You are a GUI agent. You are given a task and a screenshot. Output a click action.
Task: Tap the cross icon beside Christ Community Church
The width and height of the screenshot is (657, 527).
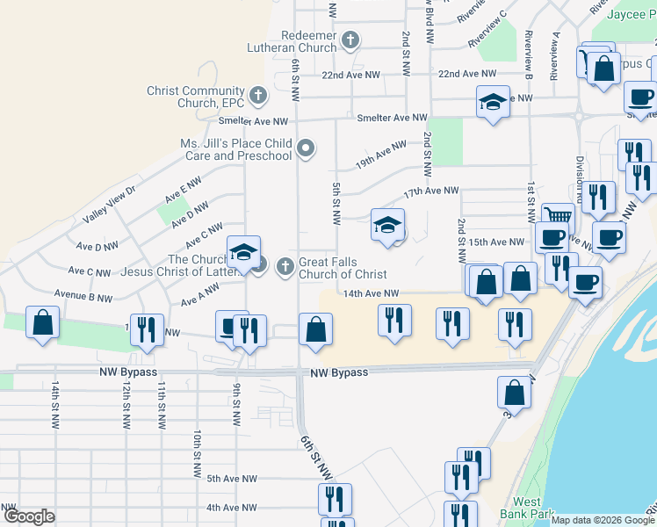tap(257, 94)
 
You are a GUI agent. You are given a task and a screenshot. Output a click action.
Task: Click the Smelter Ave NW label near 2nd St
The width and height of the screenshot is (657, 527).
tap(392, 118)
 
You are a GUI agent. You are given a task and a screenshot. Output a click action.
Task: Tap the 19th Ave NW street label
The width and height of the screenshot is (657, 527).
tap(380, 152)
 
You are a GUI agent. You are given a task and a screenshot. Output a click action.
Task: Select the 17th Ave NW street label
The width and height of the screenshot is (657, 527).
tap(431, 191)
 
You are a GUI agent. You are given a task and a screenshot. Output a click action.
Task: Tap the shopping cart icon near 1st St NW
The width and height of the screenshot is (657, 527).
tap(558, 215)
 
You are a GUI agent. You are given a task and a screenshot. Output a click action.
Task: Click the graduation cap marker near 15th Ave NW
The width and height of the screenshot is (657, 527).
tap(387, 225)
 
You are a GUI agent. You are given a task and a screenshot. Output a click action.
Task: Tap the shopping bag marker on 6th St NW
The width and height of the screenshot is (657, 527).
tap(315, 330)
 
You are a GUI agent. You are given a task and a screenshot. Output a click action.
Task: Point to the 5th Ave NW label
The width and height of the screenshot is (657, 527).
tap(231, 479)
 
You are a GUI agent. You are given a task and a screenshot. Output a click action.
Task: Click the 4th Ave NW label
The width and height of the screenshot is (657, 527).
tap(231, 508)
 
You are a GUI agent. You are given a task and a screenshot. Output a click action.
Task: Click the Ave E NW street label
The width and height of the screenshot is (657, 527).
tap(183, 186)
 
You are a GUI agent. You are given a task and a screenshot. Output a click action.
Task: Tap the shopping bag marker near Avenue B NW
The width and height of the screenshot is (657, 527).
tap(42, 322)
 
